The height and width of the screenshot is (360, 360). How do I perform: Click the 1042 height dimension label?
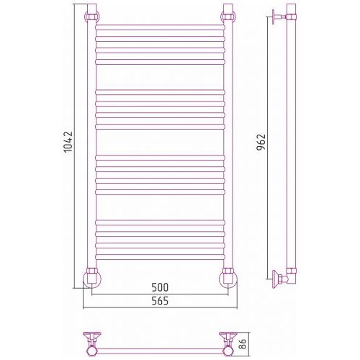tap(68, 142)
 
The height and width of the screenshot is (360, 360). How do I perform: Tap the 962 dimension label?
tap(261, 142)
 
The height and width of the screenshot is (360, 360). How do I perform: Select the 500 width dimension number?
tap(160, 287)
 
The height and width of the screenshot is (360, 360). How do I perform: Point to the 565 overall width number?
tap(160, 301)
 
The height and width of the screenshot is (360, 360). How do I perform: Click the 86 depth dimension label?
tap(243, 344)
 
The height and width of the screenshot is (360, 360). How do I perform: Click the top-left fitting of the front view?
tap(91, 17)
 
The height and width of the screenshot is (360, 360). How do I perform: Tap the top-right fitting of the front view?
tap(228, 17)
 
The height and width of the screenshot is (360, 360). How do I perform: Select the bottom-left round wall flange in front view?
tap(92, 279)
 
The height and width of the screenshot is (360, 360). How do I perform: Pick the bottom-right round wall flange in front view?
tap(228, 279)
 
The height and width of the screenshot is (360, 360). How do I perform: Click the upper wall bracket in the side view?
tap(279, 17)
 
